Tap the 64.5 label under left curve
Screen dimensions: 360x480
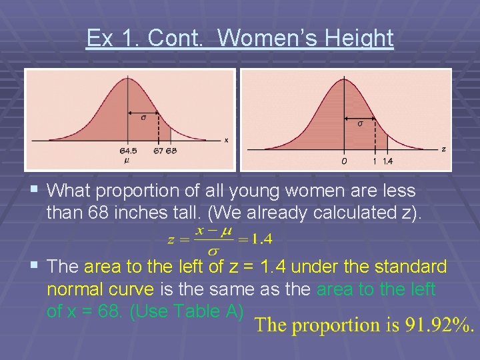[128, 151]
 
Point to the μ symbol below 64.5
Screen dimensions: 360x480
[127, 160]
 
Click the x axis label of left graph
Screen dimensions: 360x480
[226, 140]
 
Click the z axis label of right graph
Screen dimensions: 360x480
[443, 149]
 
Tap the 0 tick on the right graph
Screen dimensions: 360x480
[343, 161]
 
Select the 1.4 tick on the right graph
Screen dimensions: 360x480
[388, 161]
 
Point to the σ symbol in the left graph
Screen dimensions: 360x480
[143, 118]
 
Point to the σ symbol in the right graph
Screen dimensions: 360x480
[360, 123]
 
